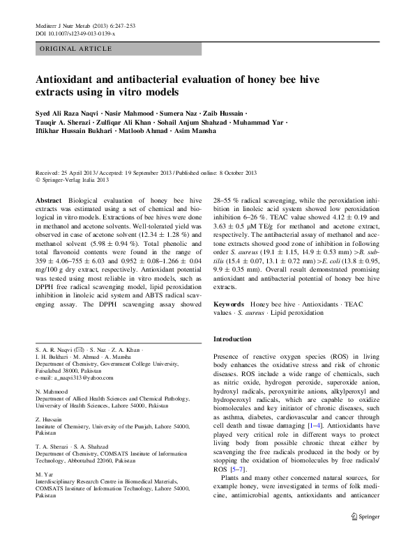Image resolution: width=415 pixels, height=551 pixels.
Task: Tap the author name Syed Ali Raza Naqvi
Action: [x=66, y=114]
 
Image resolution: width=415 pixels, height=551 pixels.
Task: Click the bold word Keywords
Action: [x=229, y=304]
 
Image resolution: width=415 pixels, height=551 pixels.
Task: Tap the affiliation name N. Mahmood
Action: [x=51, y=392]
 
